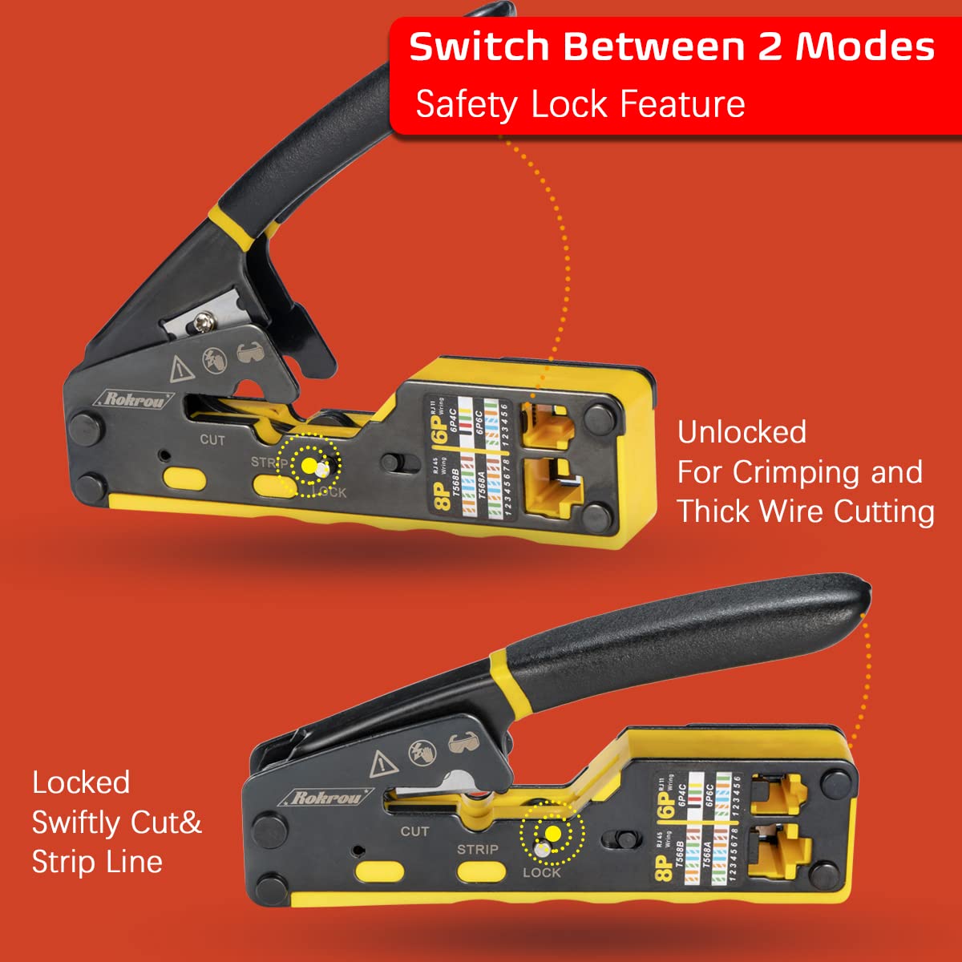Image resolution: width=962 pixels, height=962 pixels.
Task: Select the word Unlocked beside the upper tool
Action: [742, 432]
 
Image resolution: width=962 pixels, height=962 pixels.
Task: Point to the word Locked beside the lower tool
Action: [81, 782]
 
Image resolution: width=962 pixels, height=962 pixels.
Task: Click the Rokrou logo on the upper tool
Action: [135, 398]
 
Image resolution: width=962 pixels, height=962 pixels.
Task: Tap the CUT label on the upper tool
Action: [212, 439]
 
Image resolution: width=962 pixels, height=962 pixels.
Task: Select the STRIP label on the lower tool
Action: [478, 849]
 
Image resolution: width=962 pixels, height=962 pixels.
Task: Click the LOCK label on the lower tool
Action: [542, 872]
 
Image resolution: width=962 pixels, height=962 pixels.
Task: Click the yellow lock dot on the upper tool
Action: [309, 466]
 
